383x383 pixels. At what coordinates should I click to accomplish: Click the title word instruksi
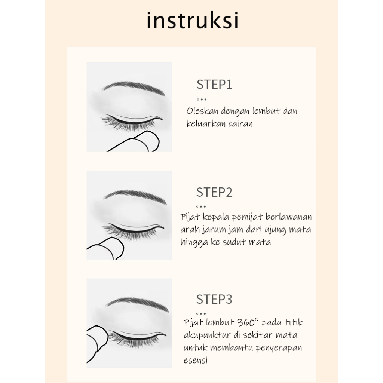click(193, 21)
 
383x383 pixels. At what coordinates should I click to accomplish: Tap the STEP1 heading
click(214, 85)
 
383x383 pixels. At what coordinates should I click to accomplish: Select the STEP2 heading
click(214, 192)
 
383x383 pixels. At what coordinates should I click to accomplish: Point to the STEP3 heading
click(214, 299)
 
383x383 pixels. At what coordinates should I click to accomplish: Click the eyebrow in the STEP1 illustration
click(134, 88)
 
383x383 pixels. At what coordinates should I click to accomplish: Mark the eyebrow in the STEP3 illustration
click(138, 304)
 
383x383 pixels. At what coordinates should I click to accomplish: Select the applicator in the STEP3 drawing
click(97, 343)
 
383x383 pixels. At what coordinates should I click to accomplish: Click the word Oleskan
click(202, 111)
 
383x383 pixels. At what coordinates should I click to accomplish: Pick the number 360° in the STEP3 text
click(248, 322)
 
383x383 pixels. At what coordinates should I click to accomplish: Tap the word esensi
click(196, 360)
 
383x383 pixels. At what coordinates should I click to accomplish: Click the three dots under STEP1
click(202, 99)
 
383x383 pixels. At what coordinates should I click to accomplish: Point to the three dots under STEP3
click(201, 314)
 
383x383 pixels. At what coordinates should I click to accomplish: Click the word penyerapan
click(279, 348)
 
